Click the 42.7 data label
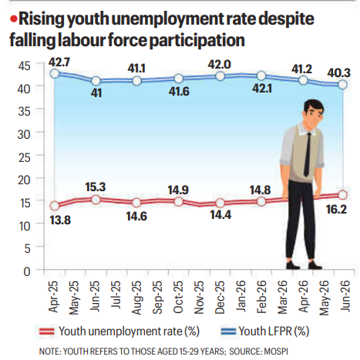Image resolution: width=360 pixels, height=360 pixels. click(x=59, y=62)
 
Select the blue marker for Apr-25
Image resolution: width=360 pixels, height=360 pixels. click(x=55, y=74)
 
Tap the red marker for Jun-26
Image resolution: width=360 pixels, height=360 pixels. click(x=343, y=195)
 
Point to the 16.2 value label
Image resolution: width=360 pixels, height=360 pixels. click(x=336, y=210)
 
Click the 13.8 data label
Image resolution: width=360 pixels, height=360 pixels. click(x=60, y=220)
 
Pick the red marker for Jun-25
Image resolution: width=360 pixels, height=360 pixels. click(x=96, y=200)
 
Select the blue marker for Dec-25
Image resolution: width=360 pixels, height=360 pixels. click(x=220, y=76)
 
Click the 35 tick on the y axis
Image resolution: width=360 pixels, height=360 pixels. click(x=24, y=112)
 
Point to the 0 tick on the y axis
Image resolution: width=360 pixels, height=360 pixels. click(x=27, y=271)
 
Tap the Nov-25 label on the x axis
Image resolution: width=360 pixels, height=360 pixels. click(x=199, y=298)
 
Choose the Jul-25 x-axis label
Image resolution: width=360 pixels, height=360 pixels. click(x=116, y=295)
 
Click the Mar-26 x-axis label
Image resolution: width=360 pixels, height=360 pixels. click(x=282, y=297)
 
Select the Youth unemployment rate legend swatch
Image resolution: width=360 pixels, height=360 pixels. click(x=47, y=331)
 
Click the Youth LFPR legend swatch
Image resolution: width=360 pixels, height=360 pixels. click(x=228, y=331)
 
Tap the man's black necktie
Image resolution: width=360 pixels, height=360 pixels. click(x=308, y=154)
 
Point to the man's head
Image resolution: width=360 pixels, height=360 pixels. click(x=313, y=114)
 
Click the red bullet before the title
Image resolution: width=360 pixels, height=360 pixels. click(x=14, y=19)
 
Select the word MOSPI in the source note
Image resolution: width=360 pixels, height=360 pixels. click(x=276, y=352)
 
